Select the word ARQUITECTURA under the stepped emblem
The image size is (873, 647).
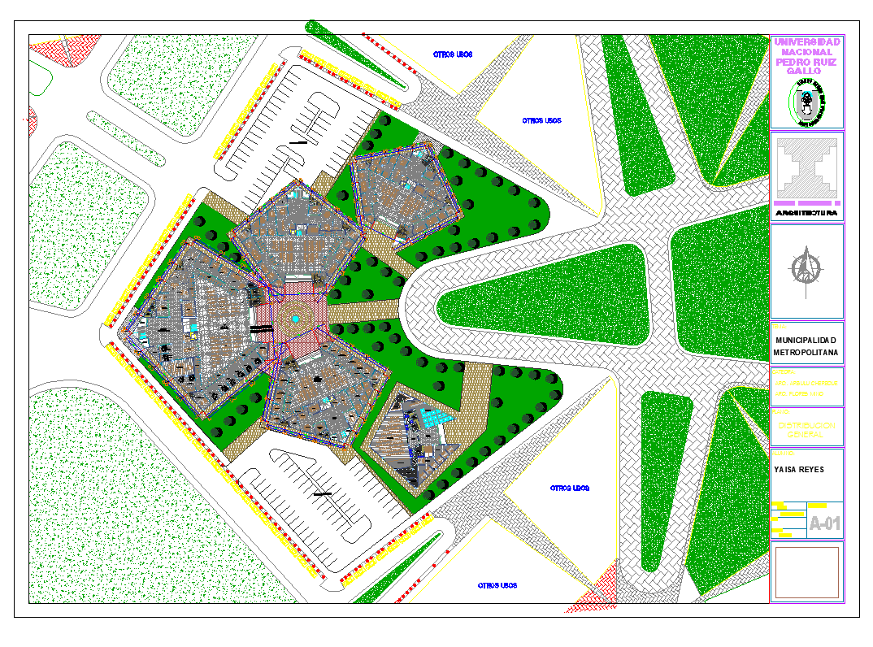pyautogui.click(x=806, y=212)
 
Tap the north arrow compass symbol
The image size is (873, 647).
pyautogui.click(x=806, y=269)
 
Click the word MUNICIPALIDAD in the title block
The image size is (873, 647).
pyautogui.click(x=806, y=340)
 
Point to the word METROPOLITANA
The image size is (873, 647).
pyautogui.click(x=806, y=354)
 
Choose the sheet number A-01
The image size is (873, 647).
pyautogui.click(x=824, y=524)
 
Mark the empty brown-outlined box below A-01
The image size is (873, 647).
pyautogui.click(x=806, y=572)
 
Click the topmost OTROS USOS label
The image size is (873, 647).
pyautogui.click(x=453, y=54)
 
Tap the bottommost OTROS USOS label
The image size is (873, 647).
pyautogui.click(x=497, y=585)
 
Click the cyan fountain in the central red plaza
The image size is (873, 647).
pyautogui.click(x=296, y=320)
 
